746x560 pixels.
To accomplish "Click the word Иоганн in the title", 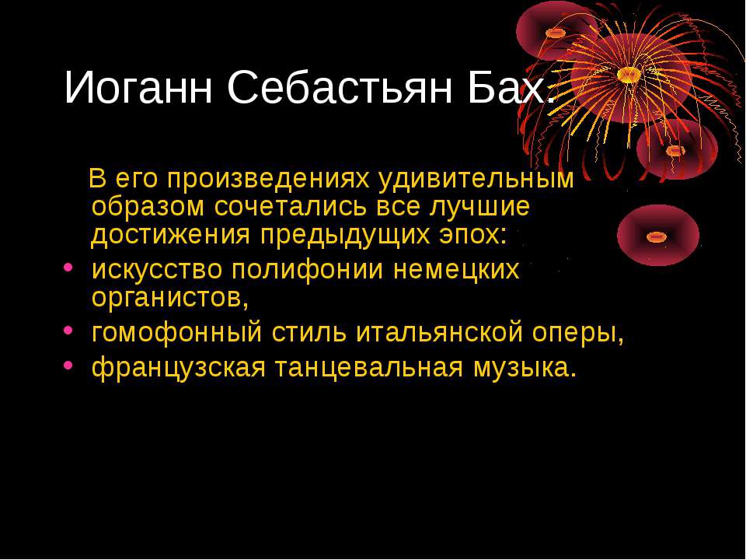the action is click(x=138, y=88).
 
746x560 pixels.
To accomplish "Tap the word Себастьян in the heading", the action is click(x=340, y=86).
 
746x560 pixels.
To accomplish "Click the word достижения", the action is click(x=171, y=235).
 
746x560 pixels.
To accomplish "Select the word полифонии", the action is click(x=308, y=271).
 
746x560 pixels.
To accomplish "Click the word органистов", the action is click(x=167, y=299).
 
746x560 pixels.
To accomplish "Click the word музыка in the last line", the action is click(x=521, y=368).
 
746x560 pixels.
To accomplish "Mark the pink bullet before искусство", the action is click(x=68, y=267).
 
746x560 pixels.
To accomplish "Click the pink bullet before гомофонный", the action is click(x=68, y=329).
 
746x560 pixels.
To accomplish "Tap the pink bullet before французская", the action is click(x=68, y=365).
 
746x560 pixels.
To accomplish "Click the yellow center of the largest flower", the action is click(x=629, y=75).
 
